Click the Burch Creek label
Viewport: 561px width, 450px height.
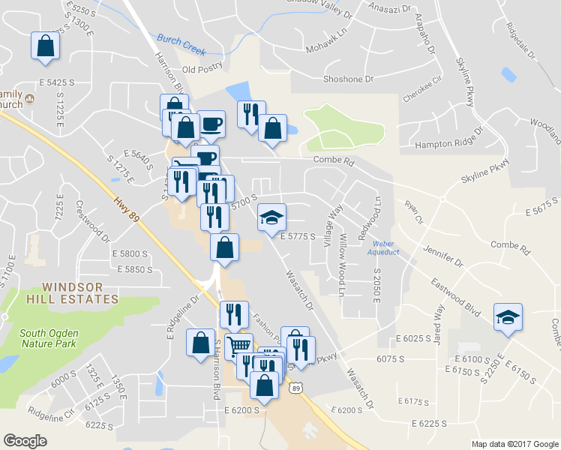[x=181, y=43]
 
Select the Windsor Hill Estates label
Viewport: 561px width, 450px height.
[x=80, y=292]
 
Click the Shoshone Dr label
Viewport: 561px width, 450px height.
[x=348, y=78]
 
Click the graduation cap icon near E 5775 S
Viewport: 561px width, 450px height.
[x=271, y=217]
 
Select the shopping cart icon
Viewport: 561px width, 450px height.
[x=238, y=346]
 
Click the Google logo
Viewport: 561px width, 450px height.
[x=25, y=441]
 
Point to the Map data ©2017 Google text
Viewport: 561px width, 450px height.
[x=515, y=444]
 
